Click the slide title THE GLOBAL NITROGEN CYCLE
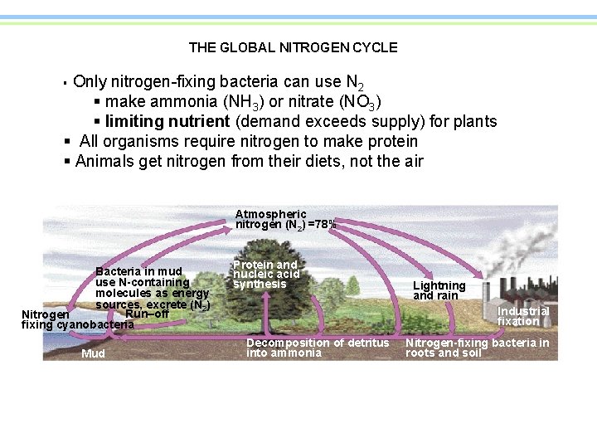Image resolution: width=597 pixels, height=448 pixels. click(x=293, y=48)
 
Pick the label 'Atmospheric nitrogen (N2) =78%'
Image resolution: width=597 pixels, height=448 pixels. click(x=285, y=219)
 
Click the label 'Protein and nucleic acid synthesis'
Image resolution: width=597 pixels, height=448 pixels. click(x=265, y=275)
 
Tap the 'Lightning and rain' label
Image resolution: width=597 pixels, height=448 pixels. click(x=439, y=290)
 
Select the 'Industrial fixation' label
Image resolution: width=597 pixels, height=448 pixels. click(x=522, y=316)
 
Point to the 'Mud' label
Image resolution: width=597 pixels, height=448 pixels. click(x=94, y=355)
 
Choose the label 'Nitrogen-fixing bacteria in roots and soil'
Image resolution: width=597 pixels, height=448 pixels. click(x=477, y=348)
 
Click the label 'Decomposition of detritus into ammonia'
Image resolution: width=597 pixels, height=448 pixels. click(x=318, y=348)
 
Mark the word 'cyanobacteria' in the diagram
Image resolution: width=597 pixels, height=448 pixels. click(x=95, y=324)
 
